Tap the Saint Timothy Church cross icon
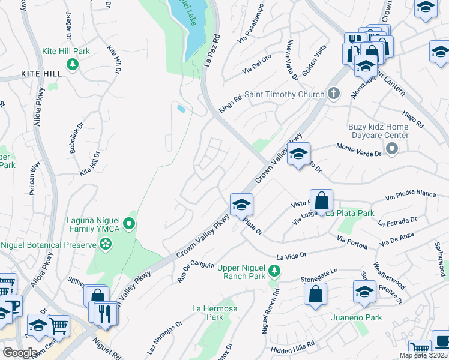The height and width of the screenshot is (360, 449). point(333,94)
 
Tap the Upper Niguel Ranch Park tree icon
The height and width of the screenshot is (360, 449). point(274,271)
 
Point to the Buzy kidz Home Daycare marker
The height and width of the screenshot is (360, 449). point(392,148)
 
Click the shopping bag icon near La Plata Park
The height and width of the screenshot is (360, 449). point(322,200)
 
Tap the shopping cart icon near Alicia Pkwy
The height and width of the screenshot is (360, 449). point(58,327)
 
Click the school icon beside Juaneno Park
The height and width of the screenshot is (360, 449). point(364,293)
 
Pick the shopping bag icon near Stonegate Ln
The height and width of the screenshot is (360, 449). point(315,295)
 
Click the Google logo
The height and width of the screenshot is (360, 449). point(19,352)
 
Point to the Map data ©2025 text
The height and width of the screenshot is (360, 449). point(423,355)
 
